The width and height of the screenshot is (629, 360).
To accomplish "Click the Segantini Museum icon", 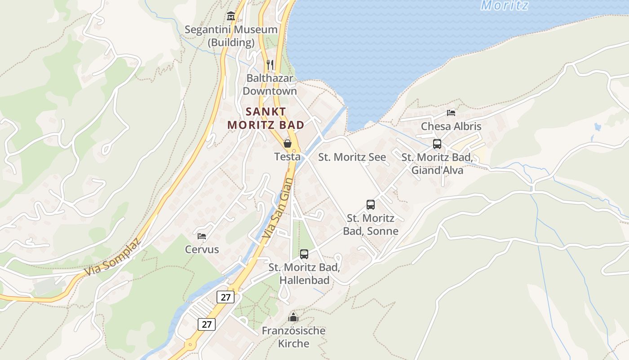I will [x=231, y=16].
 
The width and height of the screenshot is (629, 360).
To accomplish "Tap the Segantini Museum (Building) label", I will [x=231, y=36].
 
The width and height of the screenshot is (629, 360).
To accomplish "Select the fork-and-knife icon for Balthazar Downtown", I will [x=270, y=65].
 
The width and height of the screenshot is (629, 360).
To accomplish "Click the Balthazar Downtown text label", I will [x=270, y=85].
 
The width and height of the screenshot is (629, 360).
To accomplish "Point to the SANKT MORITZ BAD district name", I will [x=266, y=118].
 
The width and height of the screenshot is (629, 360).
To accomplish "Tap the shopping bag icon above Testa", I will [x=288, y=144].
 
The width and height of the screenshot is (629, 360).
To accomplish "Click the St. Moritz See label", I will [x=352, y=157].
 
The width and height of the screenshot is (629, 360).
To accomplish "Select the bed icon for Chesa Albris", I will [x=451, y=113].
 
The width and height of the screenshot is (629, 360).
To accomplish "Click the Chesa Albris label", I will [x=451, y=126].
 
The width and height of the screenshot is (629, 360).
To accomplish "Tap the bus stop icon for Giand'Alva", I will [x=437, y=144].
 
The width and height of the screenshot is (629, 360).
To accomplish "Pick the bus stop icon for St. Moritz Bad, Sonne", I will [x=371, y=205].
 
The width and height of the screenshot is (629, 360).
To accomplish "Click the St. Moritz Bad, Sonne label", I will [x=371, y=225].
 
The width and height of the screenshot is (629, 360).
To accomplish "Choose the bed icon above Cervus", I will [x=202, y=236].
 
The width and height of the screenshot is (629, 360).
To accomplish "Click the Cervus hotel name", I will [x=202, y=249].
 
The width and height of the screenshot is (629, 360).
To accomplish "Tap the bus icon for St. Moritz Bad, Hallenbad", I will [x=304, y=254].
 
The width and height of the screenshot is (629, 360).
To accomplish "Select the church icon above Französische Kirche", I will [x=293, y=317].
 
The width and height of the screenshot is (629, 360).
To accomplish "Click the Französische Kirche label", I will [x=293, y=337].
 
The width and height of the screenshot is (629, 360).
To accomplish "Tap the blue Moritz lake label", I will [x=505, y=5].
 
